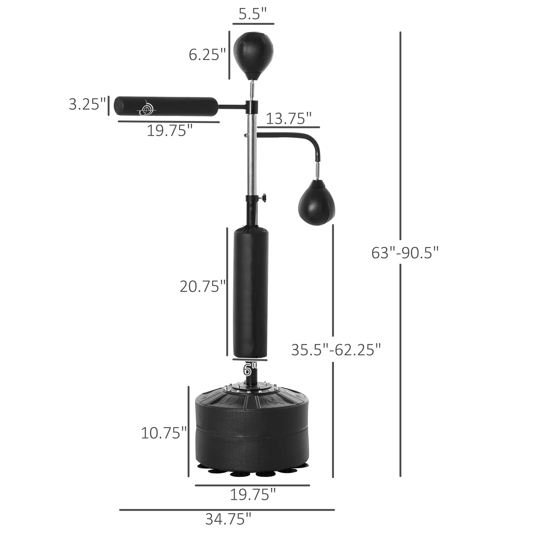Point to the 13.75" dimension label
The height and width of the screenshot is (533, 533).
pos(289,119)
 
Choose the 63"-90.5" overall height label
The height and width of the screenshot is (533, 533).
pos(405,253)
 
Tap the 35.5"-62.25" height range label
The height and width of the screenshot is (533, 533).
pos(336,350)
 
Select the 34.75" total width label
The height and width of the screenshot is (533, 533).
pos(228,519)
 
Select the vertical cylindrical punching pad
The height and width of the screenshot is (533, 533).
pos(251,292)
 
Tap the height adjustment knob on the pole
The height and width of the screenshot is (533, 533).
pos(265,198)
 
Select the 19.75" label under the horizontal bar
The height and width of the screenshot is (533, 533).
pos(169,131)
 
